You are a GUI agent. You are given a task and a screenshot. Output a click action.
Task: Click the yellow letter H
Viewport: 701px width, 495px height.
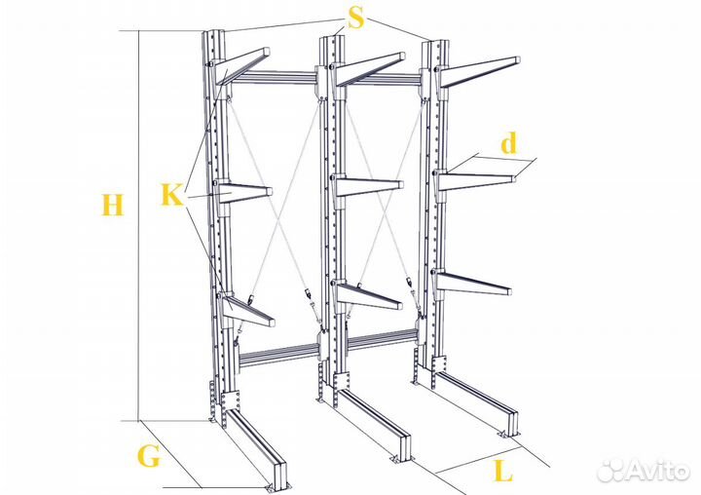pyautogui.click(x=112, y=205)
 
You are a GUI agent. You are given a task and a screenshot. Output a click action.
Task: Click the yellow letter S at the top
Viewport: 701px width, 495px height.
pyautogui.click(x=356, y=18)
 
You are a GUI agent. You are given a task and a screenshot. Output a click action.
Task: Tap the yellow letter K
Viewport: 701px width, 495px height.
pyautogui.click(x=172, y=195)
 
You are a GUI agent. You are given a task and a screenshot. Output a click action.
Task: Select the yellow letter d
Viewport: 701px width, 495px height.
pyautogui.click(x=509, y=143)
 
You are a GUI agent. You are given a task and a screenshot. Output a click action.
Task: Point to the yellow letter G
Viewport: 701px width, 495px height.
pyautogui.click(x=149, y=457)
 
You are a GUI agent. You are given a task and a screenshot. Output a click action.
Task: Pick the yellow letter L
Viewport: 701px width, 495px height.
pyautogui.click(x=503, y=472)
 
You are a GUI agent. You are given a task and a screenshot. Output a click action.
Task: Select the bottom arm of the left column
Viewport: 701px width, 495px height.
pyautogui.click(x=247, y=309)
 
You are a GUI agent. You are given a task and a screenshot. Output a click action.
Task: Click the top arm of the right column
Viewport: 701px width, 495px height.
pyautogui.click(x=479, y=71)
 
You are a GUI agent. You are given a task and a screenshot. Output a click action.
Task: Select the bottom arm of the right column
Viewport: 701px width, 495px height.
pyautogui.click(x=474, y=283)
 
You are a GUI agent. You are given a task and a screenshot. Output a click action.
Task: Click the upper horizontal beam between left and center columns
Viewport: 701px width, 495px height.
pyautogui.click(x=275, y=77)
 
